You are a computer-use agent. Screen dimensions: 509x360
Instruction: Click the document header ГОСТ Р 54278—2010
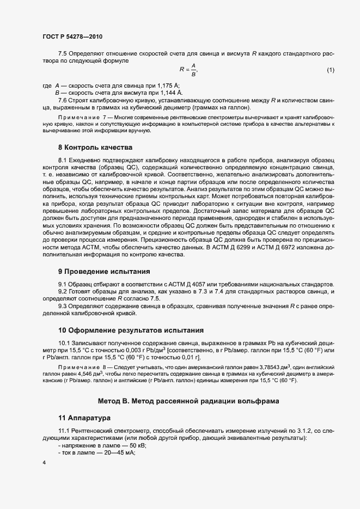72,36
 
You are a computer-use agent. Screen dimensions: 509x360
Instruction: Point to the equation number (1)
330,70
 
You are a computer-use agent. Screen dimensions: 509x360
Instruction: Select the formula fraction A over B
193,70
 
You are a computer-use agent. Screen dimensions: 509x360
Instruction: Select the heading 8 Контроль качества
95,148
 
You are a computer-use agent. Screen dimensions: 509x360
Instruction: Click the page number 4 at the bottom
44,462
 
